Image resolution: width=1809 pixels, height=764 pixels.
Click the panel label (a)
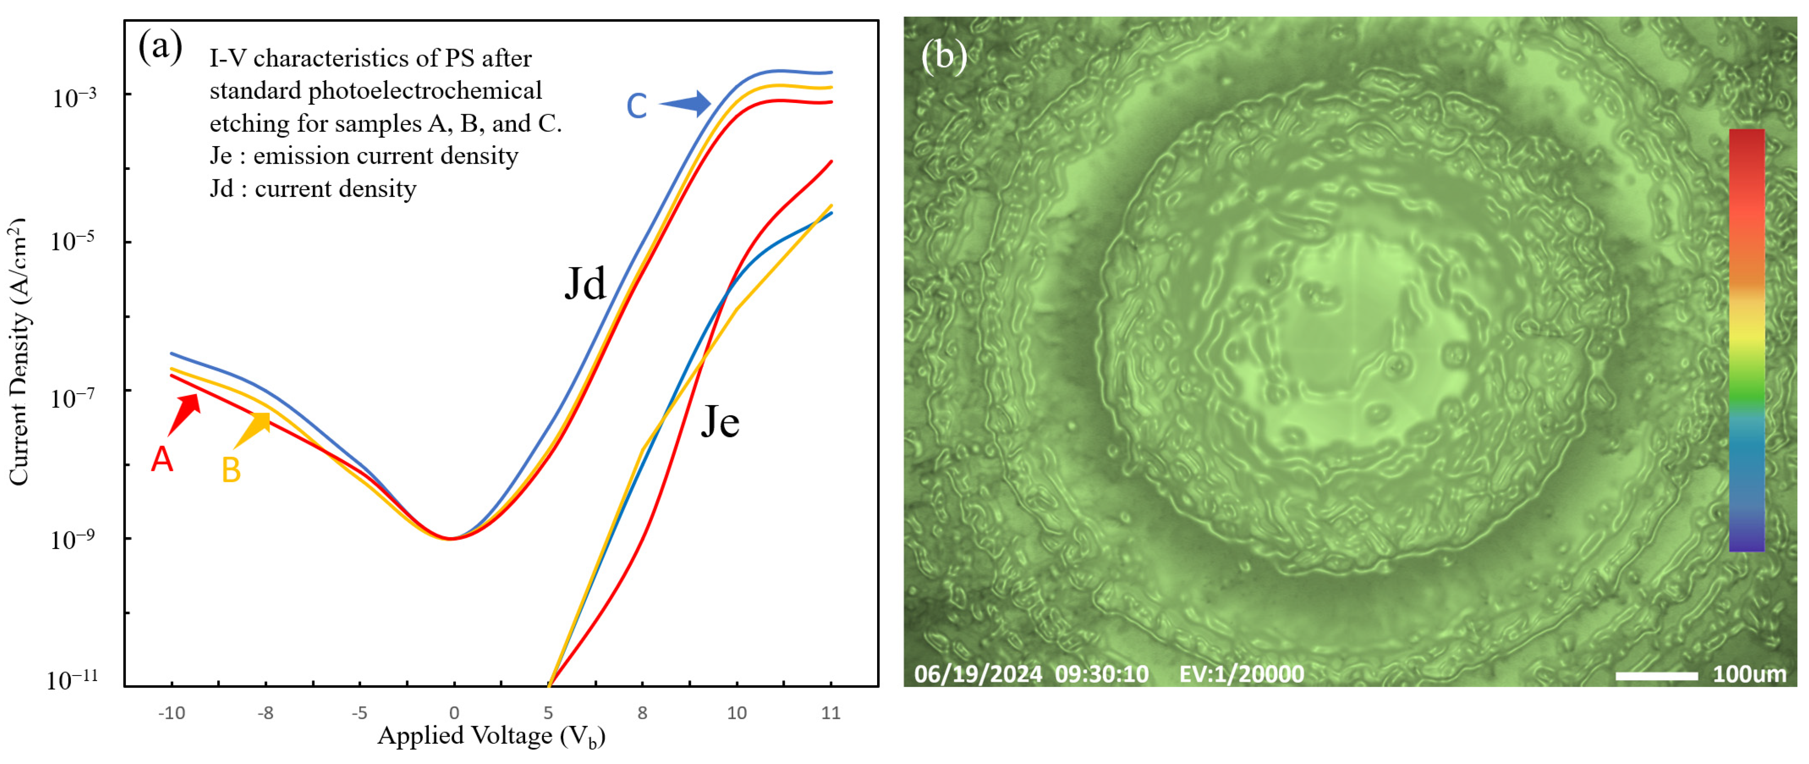coord(160,48)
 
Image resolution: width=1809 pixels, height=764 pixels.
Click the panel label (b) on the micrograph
coord(944,55)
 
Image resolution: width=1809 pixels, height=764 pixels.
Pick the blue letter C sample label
coord(636,105)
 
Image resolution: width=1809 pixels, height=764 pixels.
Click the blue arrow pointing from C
coord(686,104)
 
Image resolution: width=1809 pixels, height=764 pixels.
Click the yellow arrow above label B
coord(253,429)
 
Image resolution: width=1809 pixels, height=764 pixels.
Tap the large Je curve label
coord(720,422)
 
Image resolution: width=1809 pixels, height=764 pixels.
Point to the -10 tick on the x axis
coord(171,713)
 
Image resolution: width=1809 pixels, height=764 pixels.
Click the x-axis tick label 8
coord(642,713)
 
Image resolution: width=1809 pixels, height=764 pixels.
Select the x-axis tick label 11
coord(831,713)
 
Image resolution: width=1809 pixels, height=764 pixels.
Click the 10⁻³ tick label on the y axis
coord(74,97)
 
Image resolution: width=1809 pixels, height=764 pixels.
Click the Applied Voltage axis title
coord(491,736)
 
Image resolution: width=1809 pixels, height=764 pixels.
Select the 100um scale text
coord(1749,675)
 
